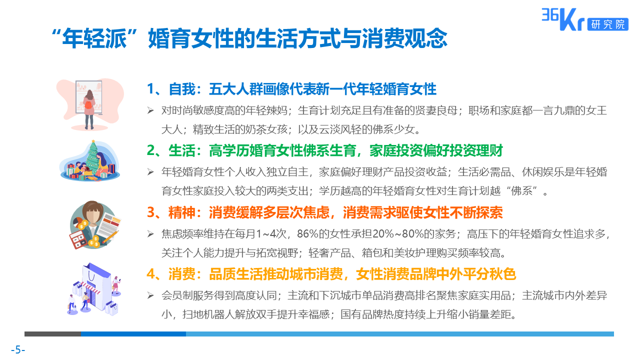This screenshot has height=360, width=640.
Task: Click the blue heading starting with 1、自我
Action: click(x=291, y=89)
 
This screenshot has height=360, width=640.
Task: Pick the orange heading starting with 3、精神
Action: click(x=324, y=212)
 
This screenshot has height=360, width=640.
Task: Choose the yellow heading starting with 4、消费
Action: click(x=331, y=274)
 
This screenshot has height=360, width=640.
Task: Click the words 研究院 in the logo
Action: click(x=608, y=24)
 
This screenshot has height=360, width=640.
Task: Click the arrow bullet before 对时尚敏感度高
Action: click(x=150, y=110)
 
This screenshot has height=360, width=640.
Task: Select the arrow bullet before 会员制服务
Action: click(x=150, y=295)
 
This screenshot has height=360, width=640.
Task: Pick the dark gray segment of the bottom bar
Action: click(x=52, y=333)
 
